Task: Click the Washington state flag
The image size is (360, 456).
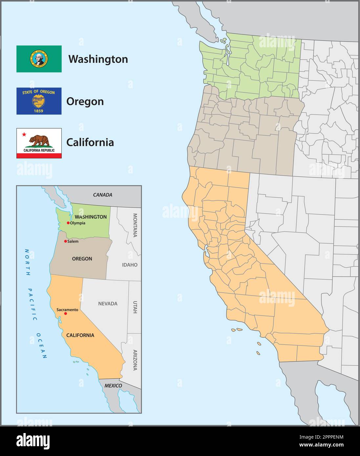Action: [39, 59]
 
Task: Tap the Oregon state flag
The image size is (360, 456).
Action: [39, 101]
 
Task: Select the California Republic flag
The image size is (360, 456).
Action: [39, 143]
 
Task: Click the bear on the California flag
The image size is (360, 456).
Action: [39, 141]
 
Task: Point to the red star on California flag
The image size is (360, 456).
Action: [24, 135]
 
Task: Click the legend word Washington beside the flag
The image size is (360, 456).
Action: [98, 59]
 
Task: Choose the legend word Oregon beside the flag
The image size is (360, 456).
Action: [85, 101]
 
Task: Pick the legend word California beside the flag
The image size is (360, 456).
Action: [90, 142]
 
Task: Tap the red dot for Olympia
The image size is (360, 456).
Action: [68, 223]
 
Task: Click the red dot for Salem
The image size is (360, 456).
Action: [66, 241]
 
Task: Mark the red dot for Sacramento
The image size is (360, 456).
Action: [66, 314]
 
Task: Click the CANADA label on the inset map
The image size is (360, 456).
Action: [102, 195]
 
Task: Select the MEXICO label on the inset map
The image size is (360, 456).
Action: [113, 385]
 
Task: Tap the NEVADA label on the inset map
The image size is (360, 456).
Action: [108, 304]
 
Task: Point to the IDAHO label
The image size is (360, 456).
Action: [130, 265]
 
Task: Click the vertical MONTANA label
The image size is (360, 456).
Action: [135, 225]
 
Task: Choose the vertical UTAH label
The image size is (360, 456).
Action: [135, 307]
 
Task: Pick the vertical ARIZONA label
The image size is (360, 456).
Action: [135, 360]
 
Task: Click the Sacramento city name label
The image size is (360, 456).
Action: [67, 309]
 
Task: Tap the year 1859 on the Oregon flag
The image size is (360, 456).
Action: [39, 111]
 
